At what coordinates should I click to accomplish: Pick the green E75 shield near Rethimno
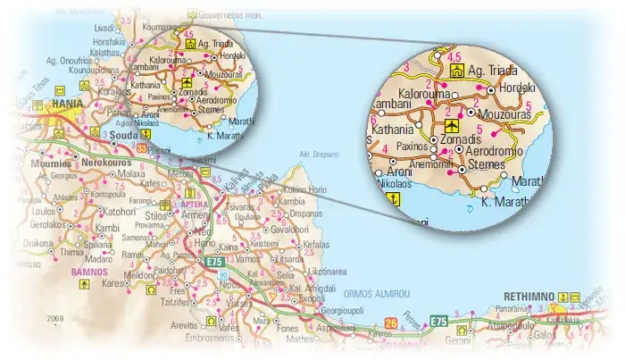click(x=437, y=321)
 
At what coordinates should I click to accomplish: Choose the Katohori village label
click(x=117, y=213)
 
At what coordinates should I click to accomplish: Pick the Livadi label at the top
click(x=104, y=29)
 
